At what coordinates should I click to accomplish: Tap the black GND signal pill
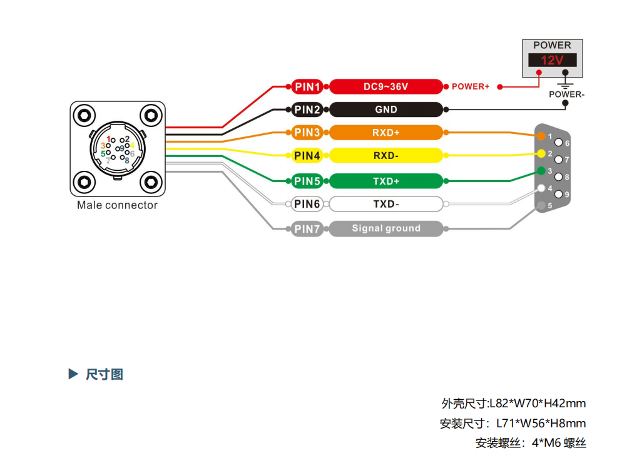tap(385, 109)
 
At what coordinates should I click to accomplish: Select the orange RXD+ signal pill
tap(385, 133)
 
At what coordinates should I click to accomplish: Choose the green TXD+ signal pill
tap(385, 181)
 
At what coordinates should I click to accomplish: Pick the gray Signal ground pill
tap(385, 228)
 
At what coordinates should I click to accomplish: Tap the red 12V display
tap(552, 61)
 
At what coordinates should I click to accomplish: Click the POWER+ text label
tap(471, 87)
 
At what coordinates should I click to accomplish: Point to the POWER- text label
tap(566, 94)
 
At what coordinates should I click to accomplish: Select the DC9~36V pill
tap(385, 87)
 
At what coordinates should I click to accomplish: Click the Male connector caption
tap(117, 205)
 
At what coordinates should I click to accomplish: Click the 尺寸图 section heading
tap(104, 375)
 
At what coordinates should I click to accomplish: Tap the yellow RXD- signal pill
tap(385, 155)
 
